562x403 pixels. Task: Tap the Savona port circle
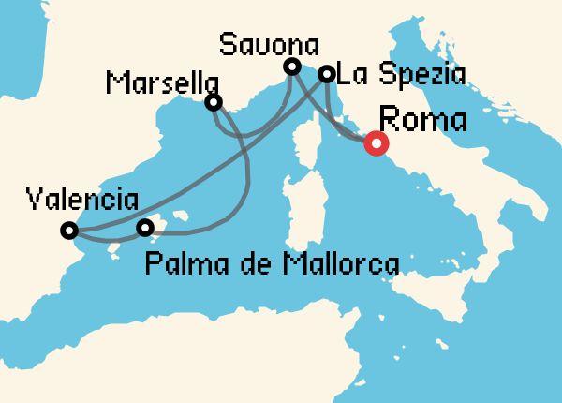pyautogui.click(x=292, y=67)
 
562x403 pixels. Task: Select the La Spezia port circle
pyautogui.click(x=327, y=74)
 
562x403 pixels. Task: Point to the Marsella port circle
pyautogui.click(x=214, y=101)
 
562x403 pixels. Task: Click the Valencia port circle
pyautogui.click(x=68, y=230)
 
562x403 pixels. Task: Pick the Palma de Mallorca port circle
pyautogui.click(x=145, y=228)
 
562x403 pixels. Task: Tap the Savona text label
pyautogui.click(x=270, y=44)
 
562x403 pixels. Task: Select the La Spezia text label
pyautogui.click(x=400, y=75)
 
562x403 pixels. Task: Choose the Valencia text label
pyautogui.click(x=83, y=200)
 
